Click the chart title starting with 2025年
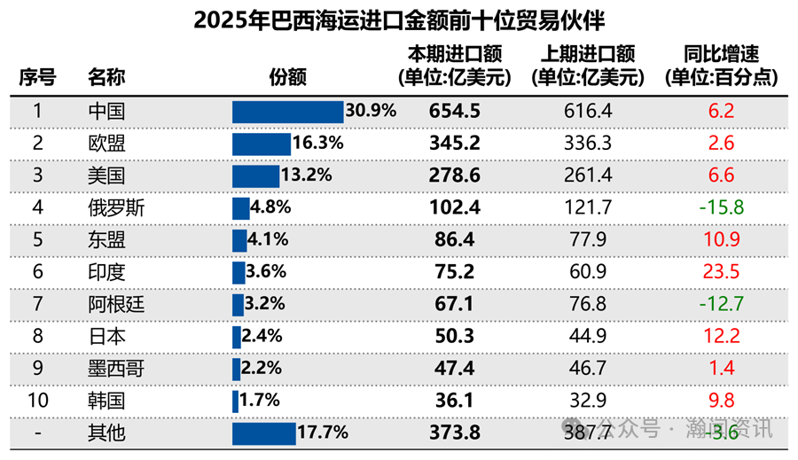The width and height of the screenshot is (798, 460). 399,19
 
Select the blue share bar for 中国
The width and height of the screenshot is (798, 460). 287,112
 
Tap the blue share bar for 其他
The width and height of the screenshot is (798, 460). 263,433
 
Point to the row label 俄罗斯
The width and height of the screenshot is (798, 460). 116,208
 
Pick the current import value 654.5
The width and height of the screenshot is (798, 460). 454,112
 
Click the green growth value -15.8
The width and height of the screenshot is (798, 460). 720,208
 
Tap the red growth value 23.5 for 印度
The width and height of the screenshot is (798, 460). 720,272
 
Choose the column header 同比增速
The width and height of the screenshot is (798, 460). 722,56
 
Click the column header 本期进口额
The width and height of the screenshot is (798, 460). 454,56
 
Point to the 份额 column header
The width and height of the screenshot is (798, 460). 287,77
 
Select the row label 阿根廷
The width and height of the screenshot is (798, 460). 116,304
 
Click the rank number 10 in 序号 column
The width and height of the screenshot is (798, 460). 37,401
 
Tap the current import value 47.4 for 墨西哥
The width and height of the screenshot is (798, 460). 454,369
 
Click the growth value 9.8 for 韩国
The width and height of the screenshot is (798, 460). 720,401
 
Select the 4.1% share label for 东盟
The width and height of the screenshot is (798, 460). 269,240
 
